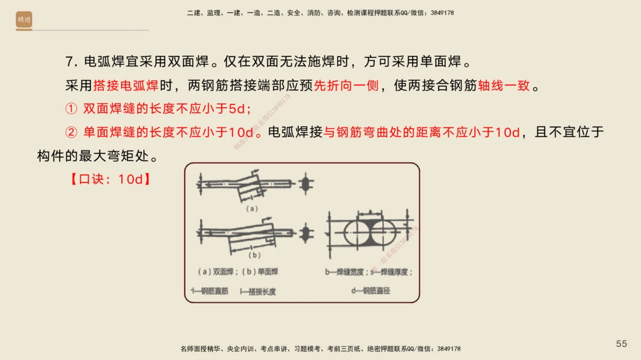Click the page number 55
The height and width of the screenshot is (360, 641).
click(621, 344)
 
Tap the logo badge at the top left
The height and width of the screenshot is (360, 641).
click(24, 20)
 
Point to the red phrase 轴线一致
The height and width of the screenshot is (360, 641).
click(504, 85)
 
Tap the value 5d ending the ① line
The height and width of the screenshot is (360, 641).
click(237, 109)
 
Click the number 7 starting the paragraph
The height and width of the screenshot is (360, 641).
click(69, 61)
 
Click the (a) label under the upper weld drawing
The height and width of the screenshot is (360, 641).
click(252, 208)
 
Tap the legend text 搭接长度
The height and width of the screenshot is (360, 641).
click(260, 291)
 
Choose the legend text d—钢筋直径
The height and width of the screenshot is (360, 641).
click(371, 291)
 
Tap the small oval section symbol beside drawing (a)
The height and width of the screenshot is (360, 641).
click(305, 184)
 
